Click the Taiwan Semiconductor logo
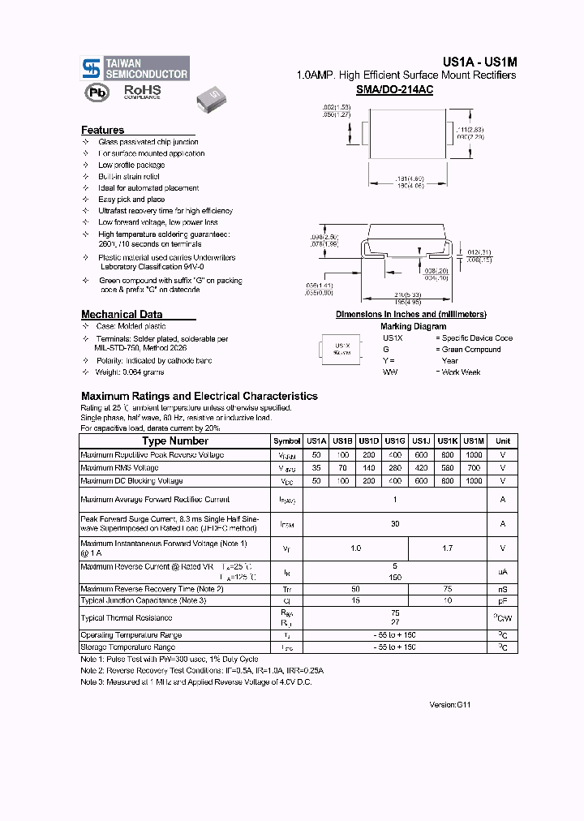coord(135,68)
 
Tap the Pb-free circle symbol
coord(97,93)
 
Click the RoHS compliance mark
coord(142,92)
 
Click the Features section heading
coord(103,130)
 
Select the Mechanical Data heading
coord(122,315)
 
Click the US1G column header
coord(395,441)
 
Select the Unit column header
coord(502,441)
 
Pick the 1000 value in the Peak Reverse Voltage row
coord(474,455)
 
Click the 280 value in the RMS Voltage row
coord(395,468)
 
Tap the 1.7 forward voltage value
coord(447,548)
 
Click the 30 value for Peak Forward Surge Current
coord(395,524)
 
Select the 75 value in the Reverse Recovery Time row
coord(447,589)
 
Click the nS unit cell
coord(502,589)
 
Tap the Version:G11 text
coord(449,705)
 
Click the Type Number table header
coord(175,441)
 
